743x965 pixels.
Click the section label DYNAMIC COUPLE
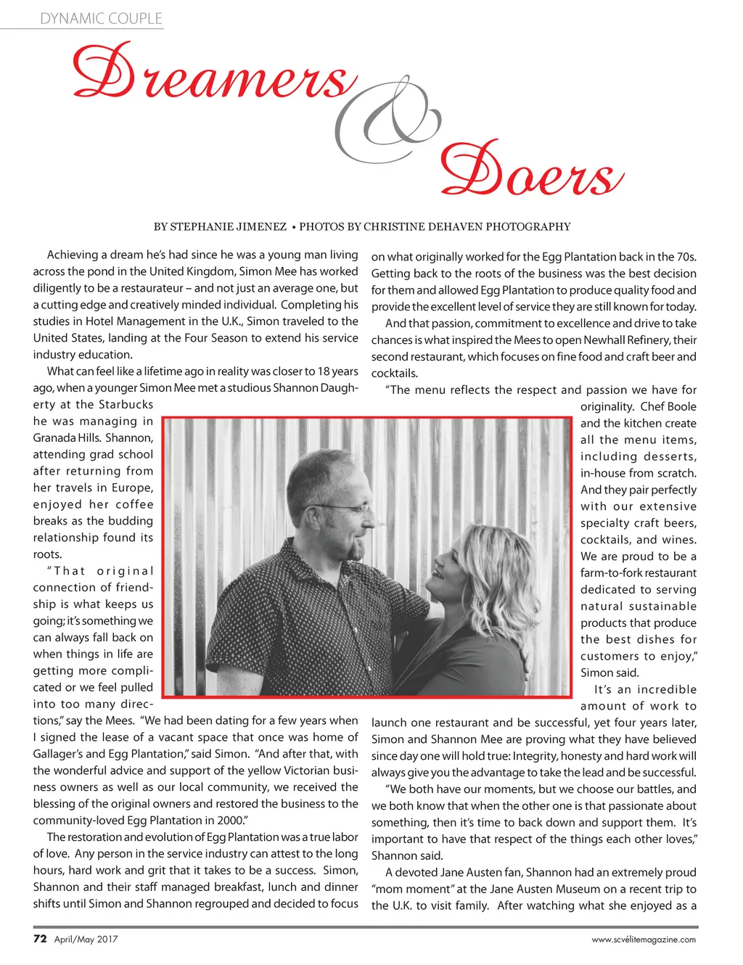tap(101, 19)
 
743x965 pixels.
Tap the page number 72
tap(41, 939)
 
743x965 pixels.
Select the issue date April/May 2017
tap(86, 940)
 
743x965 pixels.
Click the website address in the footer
tap(644, 940)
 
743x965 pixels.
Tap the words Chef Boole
tap(668, 407)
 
